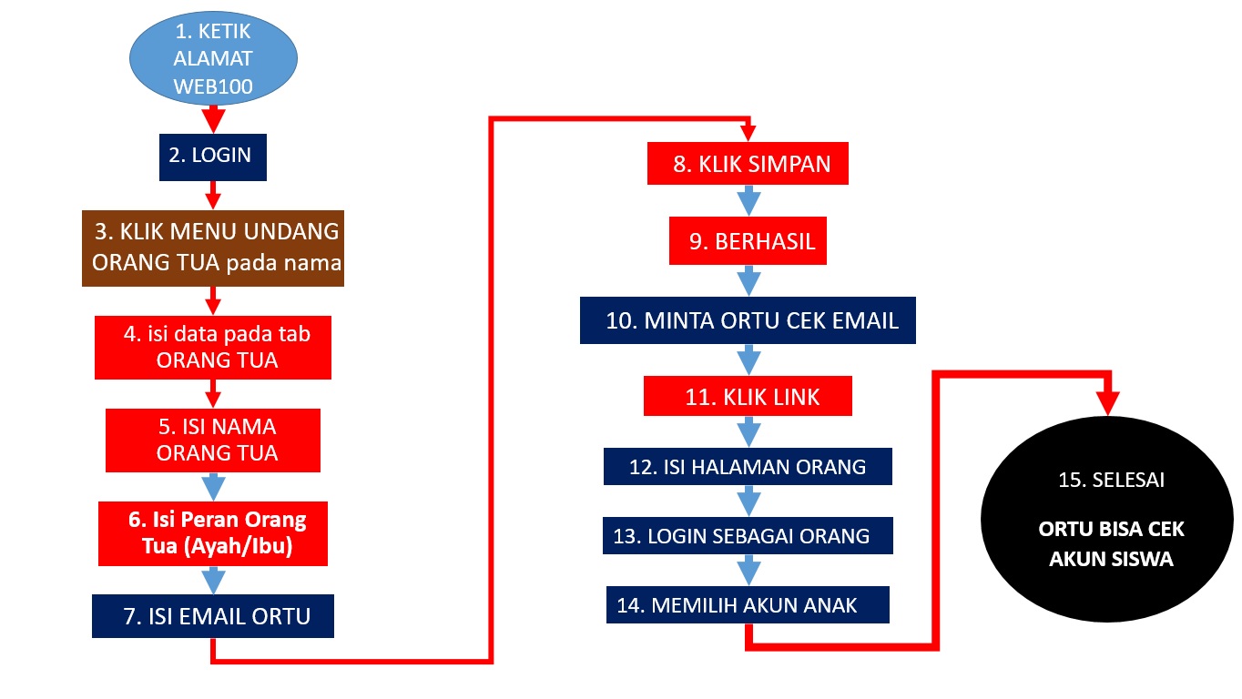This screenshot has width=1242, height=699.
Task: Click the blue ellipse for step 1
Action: click(213, 58)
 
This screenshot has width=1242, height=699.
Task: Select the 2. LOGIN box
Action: click(213, 157)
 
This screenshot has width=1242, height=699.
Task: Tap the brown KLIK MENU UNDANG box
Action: click(213, 248)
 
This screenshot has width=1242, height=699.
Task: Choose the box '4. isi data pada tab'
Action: click(213, 348)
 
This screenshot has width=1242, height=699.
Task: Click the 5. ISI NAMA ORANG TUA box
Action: click(213, 441)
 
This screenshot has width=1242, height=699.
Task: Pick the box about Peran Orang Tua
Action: click(213, 534)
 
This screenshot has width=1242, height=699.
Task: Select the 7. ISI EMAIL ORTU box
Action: click(213, 616)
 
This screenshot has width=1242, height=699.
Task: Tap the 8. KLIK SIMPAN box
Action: click(748, 164)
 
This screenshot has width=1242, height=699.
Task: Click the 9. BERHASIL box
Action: click(748, 241)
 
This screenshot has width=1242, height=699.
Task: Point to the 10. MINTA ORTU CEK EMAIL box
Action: click(748, 320)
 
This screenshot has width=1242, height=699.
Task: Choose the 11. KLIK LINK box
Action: click(748, 396)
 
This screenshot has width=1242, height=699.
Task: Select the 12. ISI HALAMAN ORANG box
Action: click(748, 467)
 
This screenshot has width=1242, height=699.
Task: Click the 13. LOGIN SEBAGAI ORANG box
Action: click(748, 535)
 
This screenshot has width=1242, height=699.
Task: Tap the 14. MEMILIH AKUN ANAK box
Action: click(748, 604)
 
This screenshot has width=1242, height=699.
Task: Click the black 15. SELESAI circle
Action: click(1107, 519)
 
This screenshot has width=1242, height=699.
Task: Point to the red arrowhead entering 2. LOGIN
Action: click(213, 119)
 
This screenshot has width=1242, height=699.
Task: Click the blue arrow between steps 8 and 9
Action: click(748, 200)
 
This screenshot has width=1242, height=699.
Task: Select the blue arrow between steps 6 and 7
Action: click(213, 581)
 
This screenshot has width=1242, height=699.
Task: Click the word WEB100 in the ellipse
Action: click(213, 86)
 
